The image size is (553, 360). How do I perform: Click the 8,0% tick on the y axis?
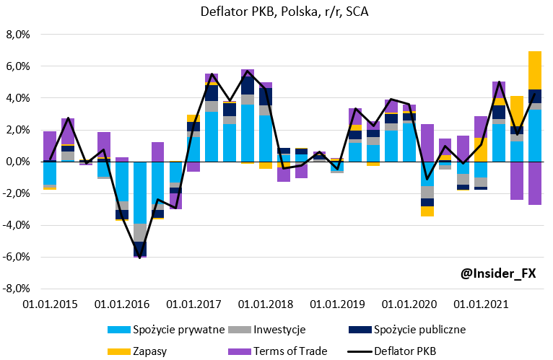click(x=17, y=35)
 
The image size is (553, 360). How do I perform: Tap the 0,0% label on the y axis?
click(x=17, y=162)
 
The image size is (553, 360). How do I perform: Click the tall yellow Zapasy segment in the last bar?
click(x=535, y=70)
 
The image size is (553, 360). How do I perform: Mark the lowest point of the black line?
click(x=139, y=258)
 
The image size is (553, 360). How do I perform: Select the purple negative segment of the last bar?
click(x=535, y=183)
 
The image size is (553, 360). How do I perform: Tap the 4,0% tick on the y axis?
click(x=17, y=98)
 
